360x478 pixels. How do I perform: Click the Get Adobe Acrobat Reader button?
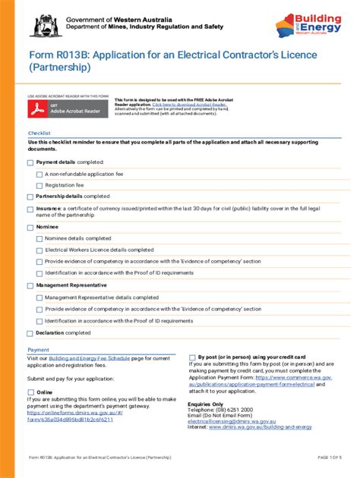(67, 109)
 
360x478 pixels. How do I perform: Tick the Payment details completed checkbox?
(31, 162)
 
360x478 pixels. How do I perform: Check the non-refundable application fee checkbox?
(39, 174)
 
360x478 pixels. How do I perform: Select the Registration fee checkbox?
(39, 184)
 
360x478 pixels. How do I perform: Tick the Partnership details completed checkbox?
(31, 196)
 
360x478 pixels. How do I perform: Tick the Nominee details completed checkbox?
(39, 238)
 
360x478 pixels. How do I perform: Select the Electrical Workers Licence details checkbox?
(39, 250)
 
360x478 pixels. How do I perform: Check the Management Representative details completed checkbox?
(39, 298)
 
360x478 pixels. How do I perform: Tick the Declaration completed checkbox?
(31, 332)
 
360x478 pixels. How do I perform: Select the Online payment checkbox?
(31, 392)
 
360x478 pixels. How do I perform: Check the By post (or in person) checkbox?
(192, 356)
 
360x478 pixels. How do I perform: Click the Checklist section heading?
(39, 133)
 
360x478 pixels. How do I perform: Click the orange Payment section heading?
(39, 349)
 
